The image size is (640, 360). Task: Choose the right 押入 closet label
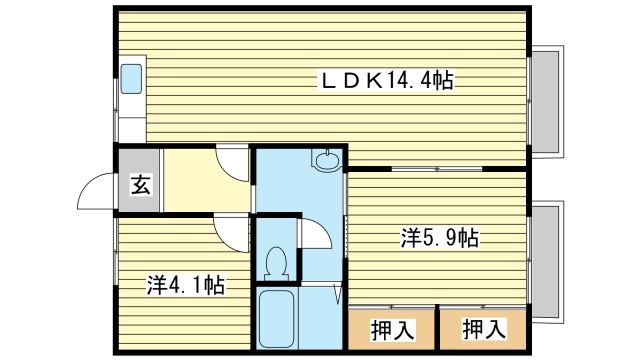(x=482, y=327)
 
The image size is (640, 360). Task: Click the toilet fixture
(x=277, y=262)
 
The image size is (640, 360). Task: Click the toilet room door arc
(x=312, y=233)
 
